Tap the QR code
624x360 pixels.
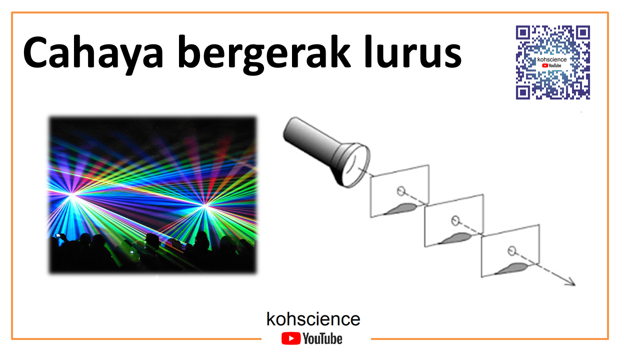(552, 62)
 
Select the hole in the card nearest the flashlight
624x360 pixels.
(400, 190)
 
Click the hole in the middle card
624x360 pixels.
(455, 220)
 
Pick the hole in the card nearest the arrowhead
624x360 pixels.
(511, 250)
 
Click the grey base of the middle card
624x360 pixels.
(457, 238)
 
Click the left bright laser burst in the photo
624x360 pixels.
(73, 196)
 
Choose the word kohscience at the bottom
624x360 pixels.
(313, 319)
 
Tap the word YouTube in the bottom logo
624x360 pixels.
(322, 338)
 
